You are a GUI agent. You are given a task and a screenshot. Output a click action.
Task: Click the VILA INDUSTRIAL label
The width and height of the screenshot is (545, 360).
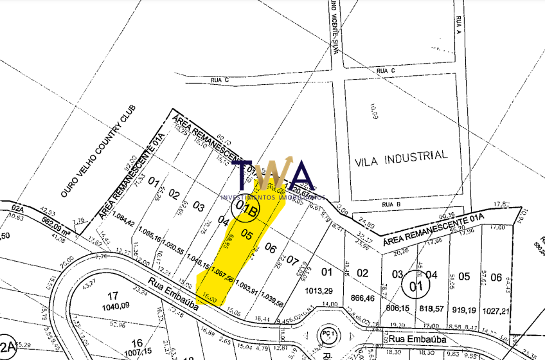400,156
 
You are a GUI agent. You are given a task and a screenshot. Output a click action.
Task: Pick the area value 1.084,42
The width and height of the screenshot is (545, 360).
122,223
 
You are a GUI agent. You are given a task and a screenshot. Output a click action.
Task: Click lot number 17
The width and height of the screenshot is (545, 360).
112,296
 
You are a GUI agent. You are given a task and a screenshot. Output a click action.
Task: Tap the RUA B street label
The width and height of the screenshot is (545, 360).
391,205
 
